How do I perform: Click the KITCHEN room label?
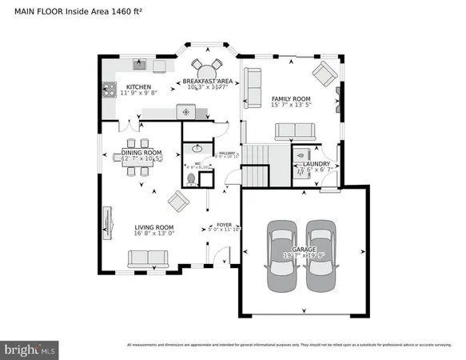(x=139, y=87)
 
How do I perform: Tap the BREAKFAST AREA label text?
(x=207, y=82)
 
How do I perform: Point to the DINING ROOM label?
(x=141, y=152)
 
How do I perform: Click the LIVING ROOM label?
(x=154, y=228)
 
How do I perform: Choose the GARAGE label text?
(x=304, y=250)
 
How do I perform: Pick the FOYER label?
(x=224, y=226)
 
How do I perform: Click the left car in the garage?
(x=281, y=256)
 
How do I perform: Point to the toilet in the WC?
(x=191, y=178)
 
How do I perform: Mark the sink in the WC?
(x=197, y=150)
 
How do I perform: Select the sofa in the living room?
(x=148, y=258)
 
